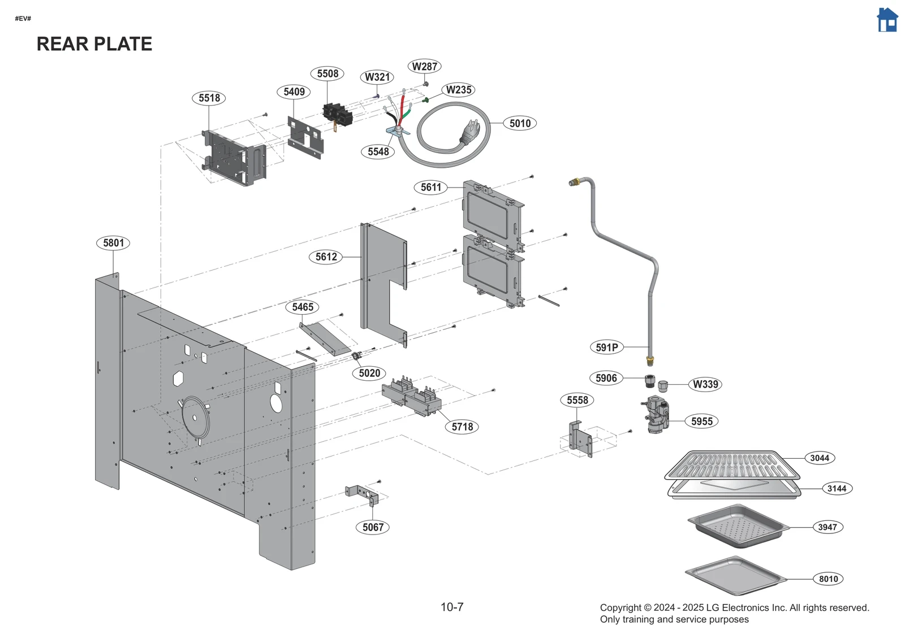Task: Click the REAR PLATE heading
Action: (94, 44)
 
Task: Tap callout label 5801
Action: (113, 243)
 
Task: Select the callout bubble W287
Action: (424, 66)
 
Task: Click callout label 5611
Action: (430, 187)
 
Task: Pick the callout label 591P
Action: (606, 347)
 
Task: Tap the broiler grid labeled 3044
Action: (732, 465)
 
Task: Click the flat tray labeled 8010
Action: (735, 576)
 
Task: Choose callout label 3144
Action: (837, 489)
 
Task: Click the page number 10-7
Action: (452, 607)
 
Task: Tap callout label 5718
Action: (462, 427)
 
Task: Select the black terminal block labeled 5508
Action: (338, 114)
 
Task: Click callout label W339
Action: (705, 384)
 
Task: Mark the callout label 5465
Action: (303, 307)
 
